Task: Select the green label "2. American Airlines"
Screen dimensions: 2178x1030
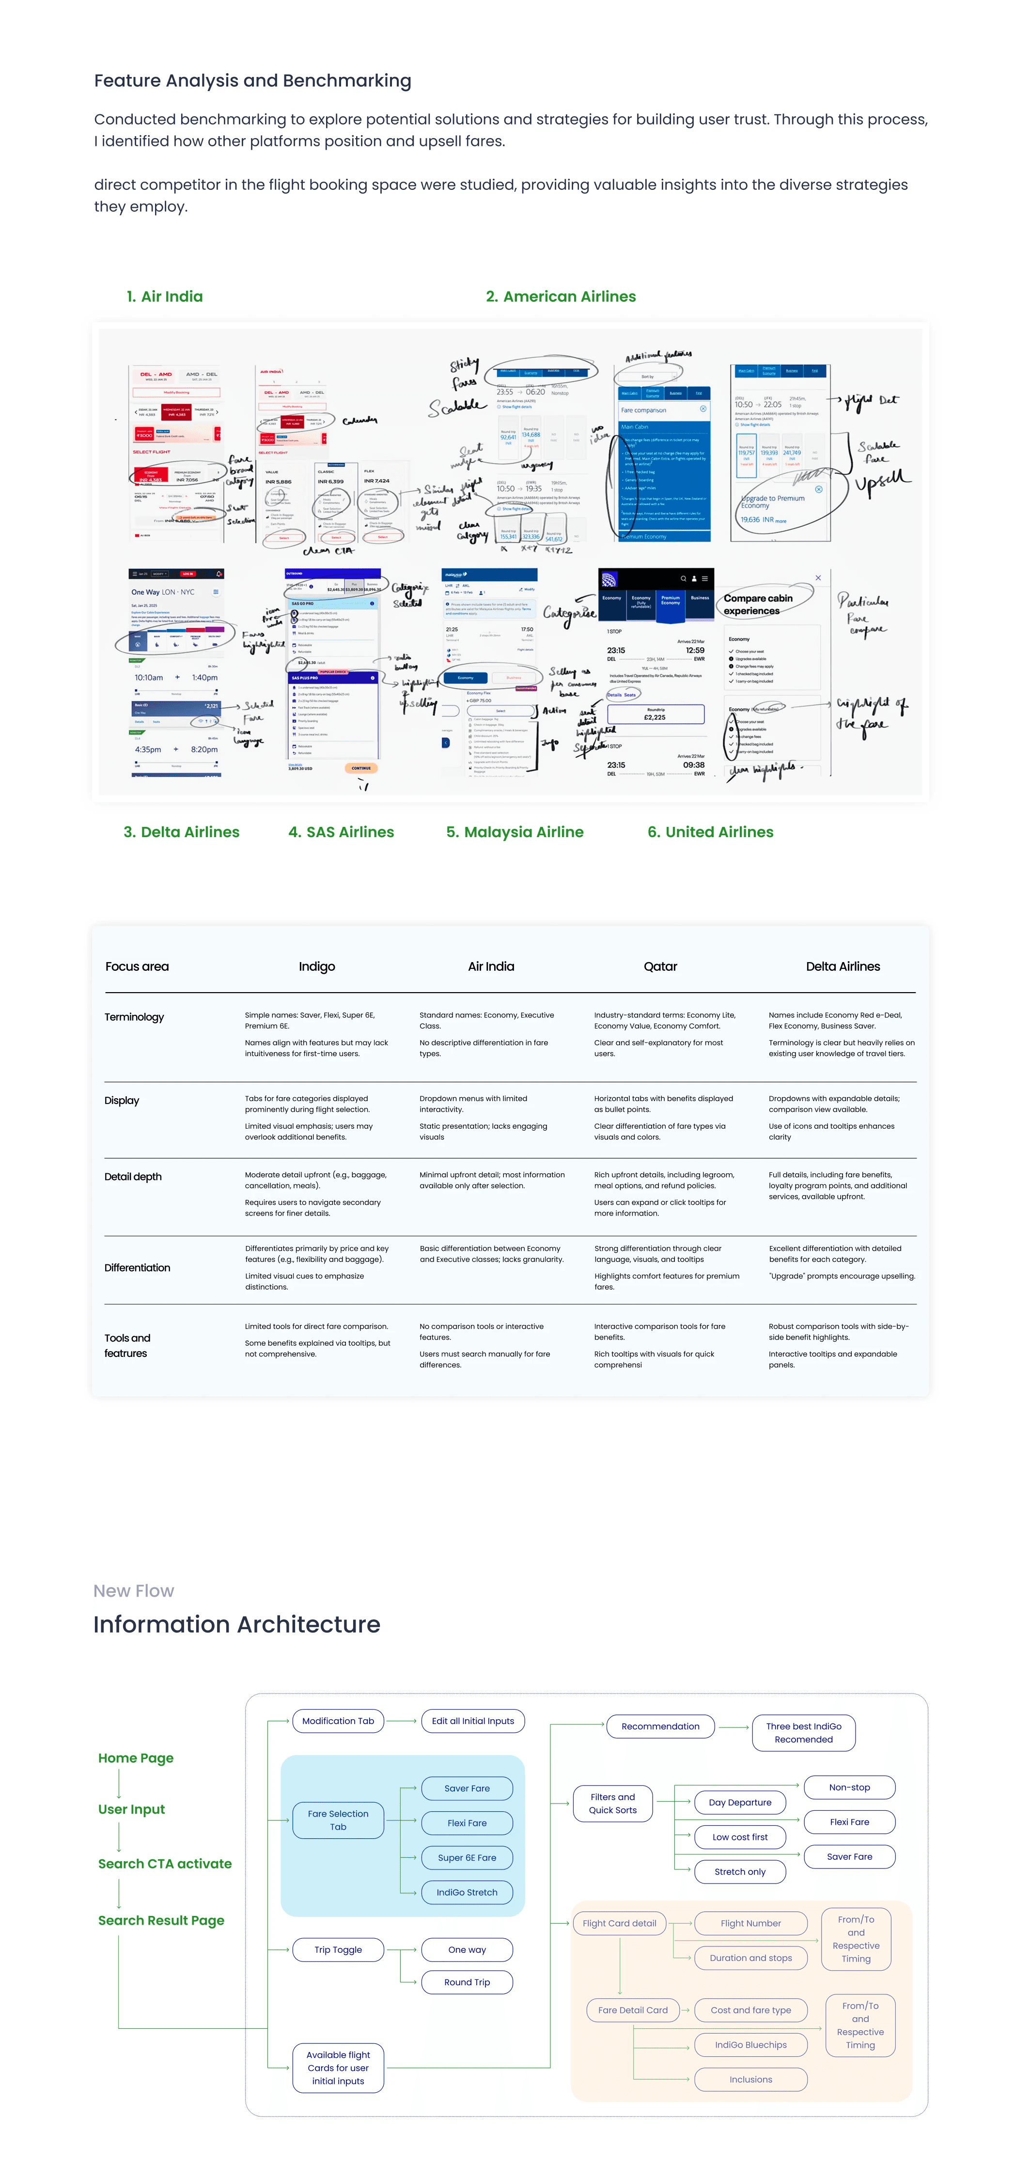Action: pyautogui.click(x=561, y=297)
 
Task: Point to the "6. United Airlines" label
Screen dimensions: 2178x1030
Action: pyautogui.click(x=710, y=832)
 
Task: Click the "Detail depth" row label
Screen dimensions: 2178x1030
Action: pyautogui.click(x=133, y=1177)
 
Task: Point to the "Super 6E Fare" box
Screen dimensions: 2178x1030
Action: pyautogui.click(x=467, y=1858)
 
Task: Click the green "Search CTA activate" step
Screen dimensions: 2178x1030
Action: pyautogui.click(x=165, y=1864)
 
